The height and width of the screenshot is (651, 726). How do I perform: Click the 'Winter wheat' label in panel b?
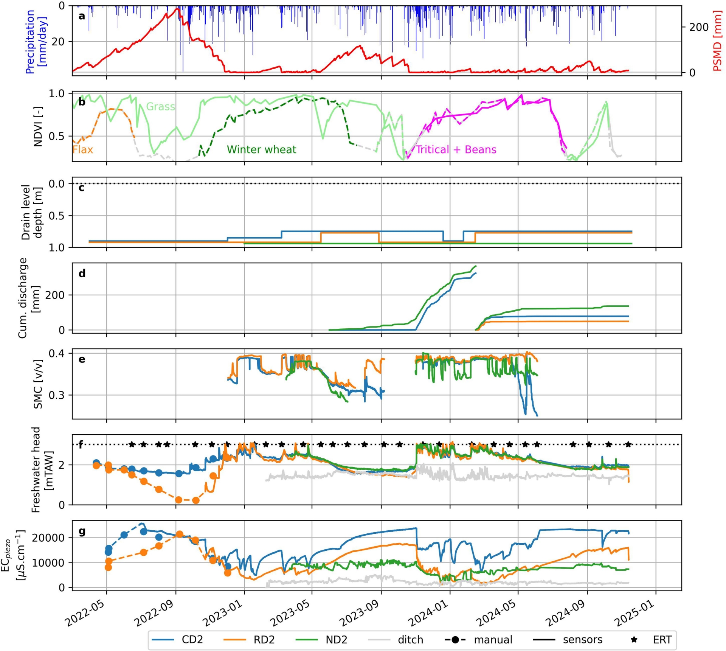tap(261, 150)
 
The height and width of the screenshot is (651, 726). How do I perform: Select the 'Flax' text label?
tap(83, 150)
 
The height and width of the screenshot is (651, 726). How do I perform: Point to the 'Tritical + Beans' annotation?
tap(456, 150)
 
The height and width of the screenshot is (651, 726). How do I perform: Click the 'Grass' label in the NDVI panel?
tap(161, 107)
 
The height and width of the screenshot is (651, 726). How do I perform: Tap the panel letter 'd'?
tap(82, 273)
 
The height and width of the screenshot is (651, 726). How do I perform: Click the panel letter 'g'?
tap(82, 531)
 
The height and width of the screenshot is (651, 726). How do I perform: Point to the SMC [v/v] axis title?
tap(38, 384)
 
